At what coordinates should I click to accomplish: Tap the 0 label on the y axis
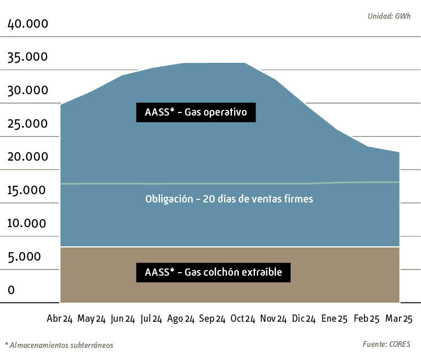pyautogui.click(x=12, y=290)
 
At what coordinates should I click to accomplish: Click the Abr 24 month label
pyautogui.click(x=60, y=319)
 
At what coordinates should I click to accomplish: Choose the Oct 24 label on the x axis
pyautogui.click(x=243, y=319)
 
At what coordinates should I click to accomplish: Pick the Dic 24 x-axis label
pyautogui.click(x=304, y=319)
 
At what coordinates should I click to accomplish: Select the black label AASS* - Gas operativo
pyautogui.click(x=196, y=112)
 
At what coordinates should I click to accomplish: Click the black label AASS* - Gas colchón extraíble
pyautogui.click(x=213, y=272)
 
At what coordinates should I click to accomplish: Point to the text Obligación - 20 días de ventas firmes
pyautogui.click(x=229, y=199)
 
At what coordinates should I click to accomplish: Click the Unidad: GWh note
pyautogui.click(x=389, y=16)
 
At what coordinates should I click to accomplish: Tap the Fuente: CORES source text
pyautogui.click(x=386, y=344)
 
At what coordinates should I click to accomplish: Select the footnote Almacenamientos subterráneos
pyautogui.click(x=59, y=345)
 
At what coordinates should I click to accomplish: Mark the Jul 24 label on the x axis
pyautogui.click(x=151, y=319)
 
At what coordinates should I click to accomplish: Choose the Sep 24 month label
pyautogui.click(x=213, y=319)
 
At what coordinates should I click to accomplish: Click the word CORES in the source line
pyautogui.click(x=400, y=344)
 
